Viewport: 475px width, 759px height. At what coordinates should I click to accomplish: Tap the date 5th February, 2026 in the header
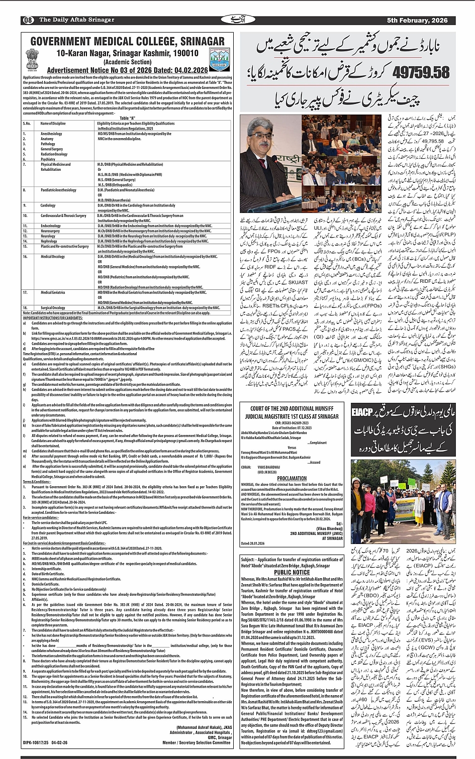pos(417,20)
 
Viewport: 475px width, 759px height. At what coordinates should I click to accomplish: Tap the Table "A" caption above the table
pos(127,117)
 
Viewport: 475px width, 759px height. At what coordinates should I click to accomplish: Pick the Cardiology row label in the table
pos(48,205)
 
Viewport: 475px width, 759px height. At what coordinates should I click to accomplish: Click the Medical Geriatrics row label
pos(53,292)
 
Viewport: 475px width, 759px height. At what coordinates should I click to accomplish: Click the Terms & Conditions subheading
pos(37,482)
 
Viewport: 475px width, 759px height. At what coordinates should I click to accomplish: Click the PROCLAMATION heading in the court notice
pos(292,478)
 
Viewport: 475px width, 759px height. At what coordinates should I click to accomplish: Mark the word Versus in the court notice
pos(292,447)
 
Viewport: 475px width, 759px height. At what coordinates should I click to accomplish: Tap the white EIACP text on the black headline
pos(362,412)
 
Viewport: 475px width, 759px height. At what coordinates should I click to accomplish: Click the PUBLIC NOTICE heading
pos(292,572)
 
